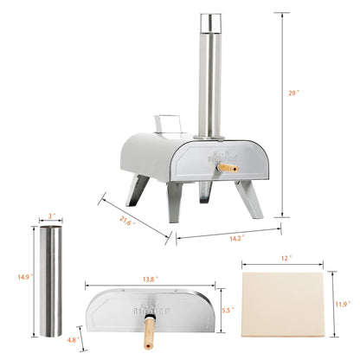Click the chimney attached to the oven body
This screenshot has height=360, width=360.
208,78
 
